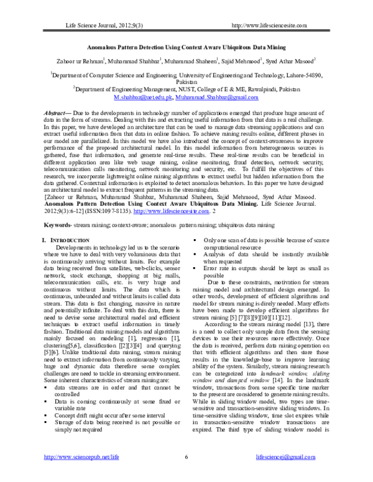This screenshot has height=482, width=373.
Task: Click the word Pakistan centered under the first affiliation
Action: point(186,81)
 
